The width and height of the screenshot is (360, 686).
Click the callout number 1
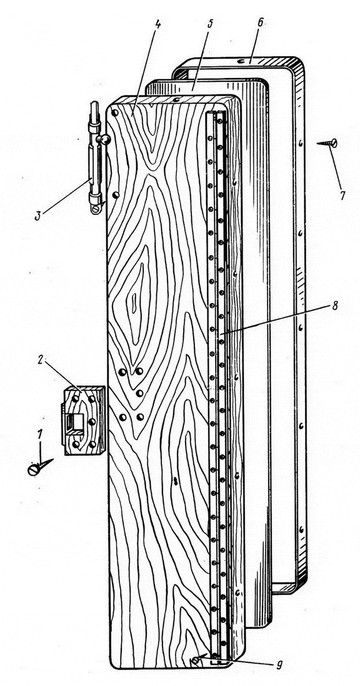[40, 434]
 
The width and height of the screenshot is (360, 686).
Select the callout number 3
[39, 216]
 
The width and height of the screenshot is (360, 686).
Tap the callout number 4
[158, 22]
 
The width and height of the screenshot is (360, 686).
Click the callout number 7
[342, 195]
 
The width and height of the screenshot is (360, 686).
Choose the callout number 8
[334, 306]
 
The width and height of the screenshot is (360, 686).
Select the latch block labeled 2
[83, 420]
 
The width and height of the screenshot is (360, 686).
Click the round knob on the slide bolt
[105, 140]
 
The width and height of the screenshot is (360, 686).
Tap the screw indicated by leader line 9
[194, 660]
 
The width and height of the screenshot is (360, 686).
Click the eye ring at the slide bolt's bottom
[96, 209]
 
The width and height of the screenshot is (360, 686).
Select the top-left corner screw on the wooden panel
[114, 113]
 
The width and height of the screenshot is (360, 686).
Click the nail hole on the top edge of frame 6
[241, 62]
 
